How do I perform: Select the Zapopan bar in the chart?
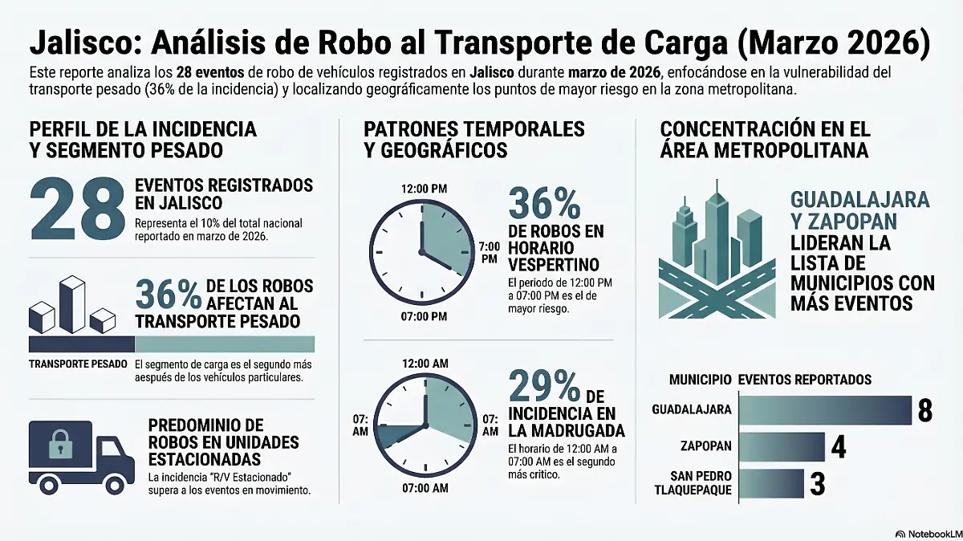(781, 446)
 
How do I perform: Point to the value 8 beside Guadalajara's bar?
(924, 409)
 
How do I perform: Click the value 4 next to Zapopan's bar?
(839, 446)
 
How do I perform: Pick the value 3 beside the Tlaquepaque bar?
(817, 485)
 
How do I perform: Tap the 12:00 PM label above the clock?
(423, 188)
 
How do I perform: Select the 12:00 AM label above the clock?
(425, 364)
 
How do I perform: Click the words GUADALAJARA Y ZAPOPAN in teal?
(859, 210)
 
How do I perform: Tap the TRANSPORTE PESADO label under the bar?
(78, 364)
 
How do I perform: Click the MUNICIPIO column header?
(699, 380)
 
